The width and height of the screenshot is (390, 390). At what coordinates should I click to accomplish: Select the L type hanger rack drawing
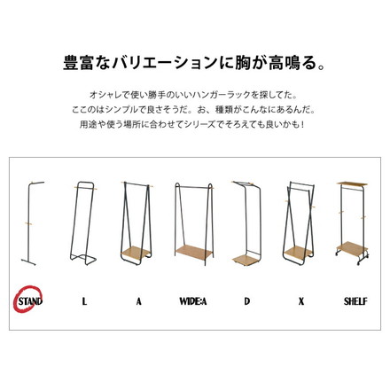pyautogui.click(x=84, y=222)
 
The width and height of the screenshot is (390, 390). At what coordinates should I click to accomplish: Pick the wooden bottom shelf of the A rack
pyautogui.click(x=139, y=247)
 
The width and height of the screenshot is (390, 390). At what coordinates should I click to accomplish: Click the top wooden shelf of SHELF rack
pyautogui.click(x=355, y=183)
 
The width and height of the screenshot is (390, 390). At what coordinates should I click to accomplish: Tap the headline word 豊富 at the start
pyautogui.click(x=78, y=65)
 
